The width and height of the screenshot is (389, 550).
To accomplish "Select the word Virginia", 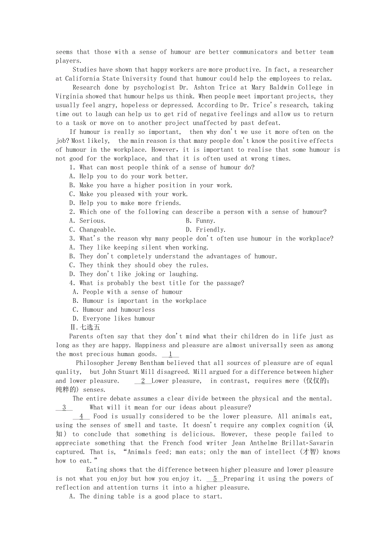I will coord(69,96).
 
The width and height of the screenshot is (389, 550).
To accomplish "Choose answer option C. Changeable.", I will coord(92,229).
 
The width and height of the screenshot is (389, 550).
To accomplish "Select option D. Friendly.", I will coord(205,229).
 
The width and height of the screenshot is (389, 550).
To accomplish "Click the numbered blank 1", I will coord(170,354).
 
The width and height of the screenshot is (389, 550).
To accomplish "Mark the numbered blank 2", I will coord(143,381).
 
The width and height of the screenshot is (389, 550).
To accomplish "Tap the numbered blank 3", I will coord(64,408).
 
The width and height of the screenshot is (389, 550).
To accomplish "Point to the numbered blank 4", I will coord(81,417).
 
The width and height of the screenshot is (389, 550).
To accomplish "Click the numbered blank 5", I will coord(215,479).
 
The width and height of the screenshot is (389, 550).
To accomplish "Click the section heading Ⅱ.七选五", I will coord(85,327).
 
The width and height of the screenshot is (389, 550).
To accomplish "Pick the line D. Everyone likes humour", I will coord(114,319).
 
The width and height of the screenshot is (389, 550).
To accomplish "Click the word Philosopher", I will coord(95,363).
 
